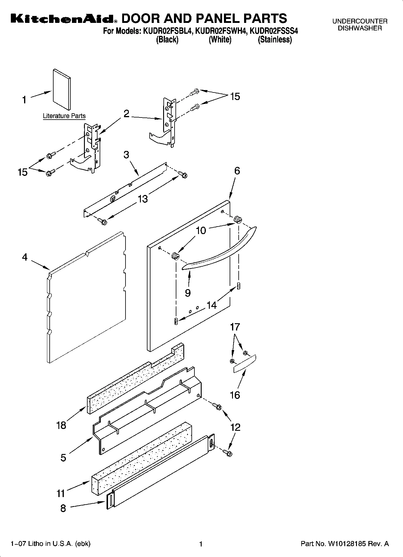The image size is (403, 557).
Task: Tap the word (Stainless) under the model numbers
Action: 274,40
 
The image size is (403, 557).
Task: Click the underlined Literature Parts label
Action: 64,116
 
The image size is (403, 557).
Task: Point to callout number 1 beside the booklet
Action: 25,100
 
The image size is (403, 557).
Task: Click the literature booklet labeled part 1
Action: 62,89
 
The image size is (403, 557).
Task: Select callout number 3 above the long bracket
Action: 126,155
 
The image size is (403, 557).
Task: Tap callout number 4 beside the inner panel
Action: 25,257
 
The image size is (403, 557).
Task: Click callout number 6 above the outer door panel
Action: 237,171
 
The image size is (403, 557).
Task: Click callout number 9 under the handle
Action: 188,293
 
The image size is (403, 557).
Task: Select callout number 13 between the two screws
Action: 143,199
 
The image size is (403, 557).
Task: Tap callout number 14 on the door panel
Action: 212,305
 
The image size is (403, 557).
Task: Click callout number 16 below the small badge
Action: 235,395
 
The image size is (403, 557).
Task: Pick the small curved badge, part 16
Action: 245,364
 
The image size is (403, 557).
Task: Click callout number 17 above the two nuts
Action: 235,327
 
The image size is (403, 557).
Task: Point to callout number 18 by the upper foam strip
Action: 61,425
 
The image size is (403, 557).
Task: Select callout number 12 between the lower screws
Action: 235,427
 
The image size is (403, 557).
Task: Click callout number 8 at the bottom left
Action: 63,508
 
